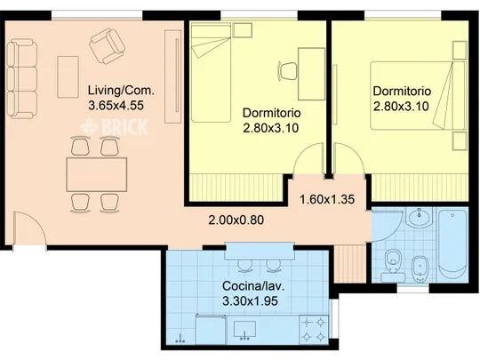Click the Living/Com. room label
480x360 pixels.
click(121, 91)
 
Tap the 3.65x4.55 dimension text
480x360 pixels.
click(116, 105)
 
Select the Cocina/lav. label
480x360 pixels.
click(253, 286)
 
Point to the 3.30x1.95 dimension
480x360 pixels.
click(250, 301)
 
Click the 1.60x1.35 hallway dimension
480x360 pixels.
click(327, 200)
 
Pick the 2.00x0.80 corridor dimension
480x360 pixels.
click(236, 220)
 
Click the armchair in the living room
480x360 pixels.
click(108, 46)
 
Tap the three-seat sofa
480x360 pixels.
click(22, 79)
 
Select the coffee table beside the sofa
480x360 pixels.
click(68, 76)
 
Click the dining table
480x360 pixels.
click(97, 174)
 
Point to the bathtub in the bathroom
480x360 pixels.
click(452, 243)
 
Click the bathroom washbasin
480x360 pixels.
click(419, 217)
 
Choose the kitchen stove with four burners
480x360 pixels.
click(314, 330)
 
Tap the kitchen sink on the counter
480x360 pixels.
click(244, 331)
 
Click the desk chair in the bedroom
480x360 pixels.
click(287, 71)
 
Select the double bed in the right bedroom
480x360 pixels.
click(418, 95)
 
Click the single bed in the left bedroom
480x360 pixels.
click(211, 74)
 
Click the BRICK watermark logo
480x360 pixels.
click(114, 127)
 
